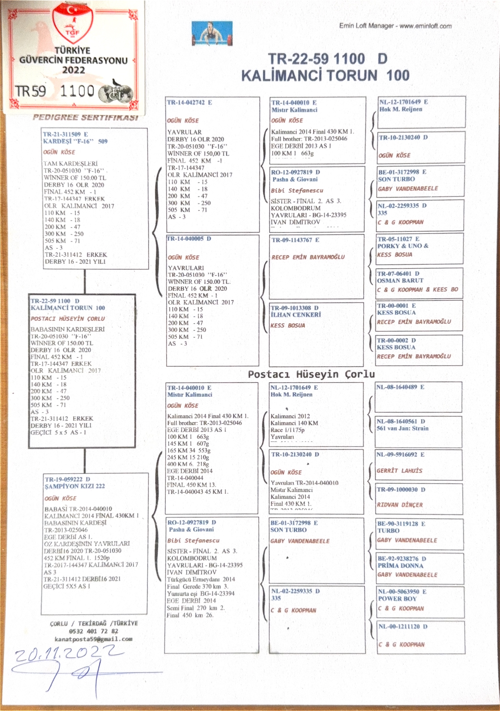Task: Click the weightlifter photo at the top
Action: pos(212,33)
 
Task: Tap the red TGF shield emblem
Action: pos(73,23)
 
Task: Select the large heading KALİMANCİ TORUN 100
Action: pos(325,75)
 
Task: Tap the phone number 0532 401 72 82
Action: pos(93,631)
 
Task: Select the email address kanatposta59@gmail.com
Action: pos(93,639)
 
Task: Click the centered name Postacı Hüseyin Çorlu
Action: pos(311,374)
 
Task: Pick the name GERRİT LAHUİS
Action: pos(399,471)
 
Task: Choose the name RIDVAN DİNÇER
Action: pos(400,505)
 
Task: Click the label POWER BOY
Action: pos(397,599)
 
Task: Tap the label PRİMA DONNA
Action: pos(400,565)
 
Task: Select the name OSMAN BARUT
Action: pos(400,280)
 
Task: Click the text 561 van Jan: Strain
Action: pos(402,428)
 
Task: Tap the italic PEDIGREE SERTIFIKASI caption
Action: pos(85,118)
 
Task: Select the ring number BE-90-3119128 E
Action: pos(401,524)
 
